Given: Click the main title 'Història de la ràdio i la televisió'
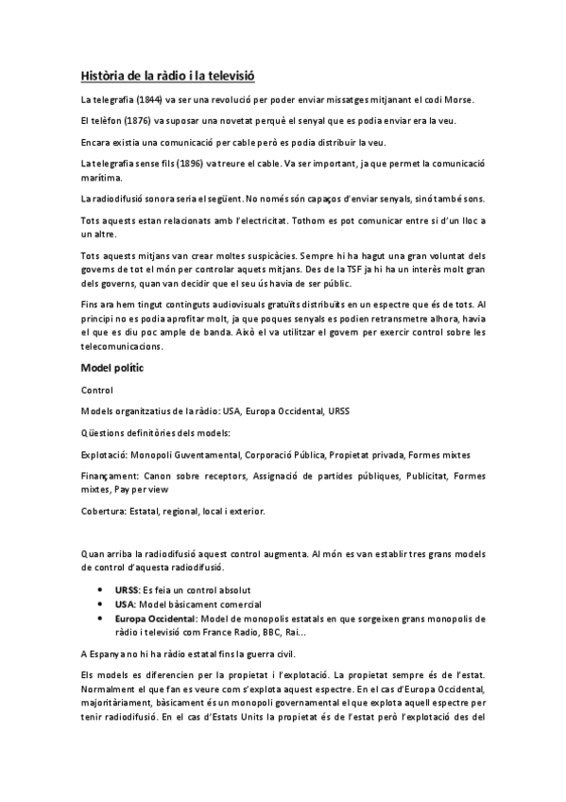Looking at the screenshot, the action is [x=168, y=75].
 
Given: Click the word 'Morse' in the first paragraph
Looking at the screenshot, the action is [x=457, y=100].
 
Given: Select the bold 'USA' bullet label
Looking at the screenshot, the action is [x=124, y=603].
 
